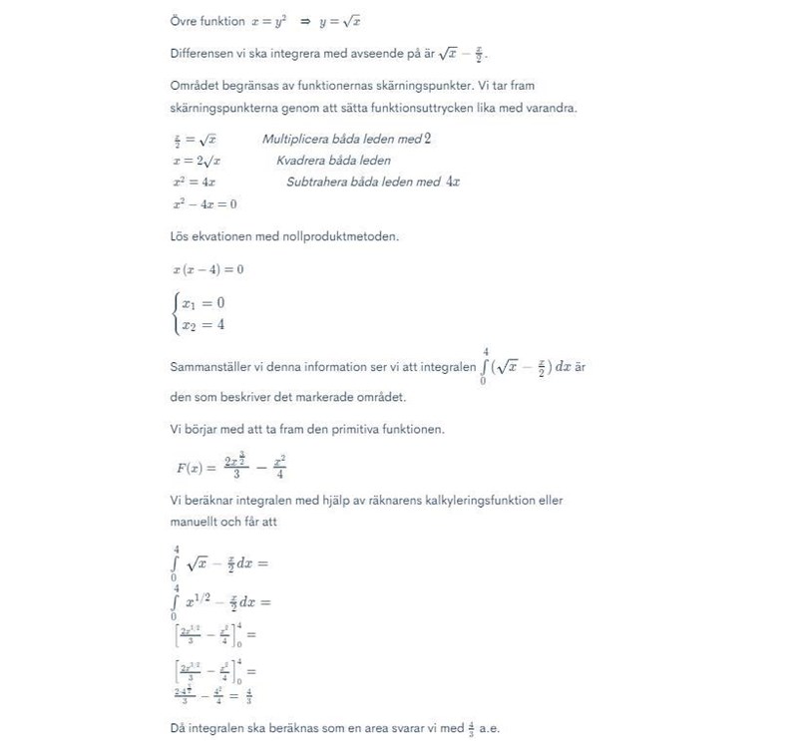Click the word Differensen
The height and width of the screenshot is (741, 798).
pos(203,53)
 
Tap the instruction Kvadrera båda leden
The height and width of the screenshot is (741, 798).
pos(333,161)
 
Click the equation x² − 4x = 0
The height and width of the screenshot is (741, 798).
pos(204,204)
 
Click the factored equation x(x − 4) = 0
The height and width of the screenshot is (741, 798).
pos(207,269)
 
